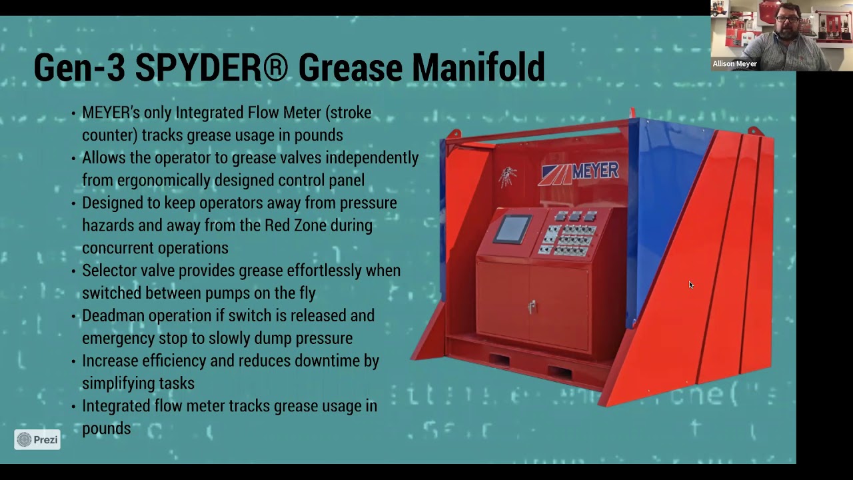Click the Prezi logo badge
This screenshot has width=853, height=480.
pyautogui.click(x=37, y=439)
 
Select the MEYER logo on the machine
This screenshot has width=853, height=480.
pyautogui.click(x=580, y=172)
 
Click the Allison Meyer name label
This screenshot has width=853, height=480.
pyautogui.click(x=734, y=64)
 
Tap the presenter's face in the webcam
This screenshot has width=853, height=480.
pyautogui.click(x=787, y=27)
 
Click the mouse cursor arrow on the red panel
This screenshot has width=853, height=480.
pyautogui.click(x=690, y=285)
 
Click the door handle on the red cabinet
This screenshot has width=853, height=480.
pyautogui.click(x=532, y=307)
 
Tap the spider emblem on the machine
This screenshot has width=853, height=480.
pyautogui.click(x=508, y=177)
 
